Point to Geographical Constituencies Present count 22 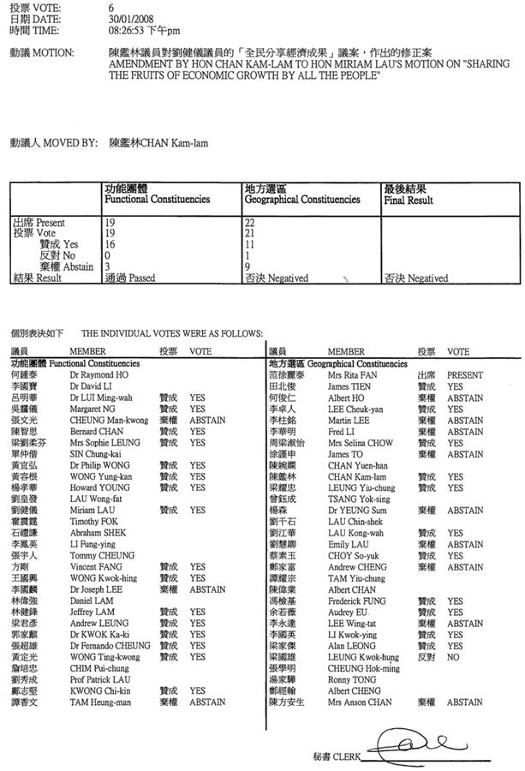(x=251, y=222)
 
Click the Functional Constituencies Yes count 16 (x=110, y=244)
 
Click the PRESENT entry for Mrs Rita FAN (x=464, y=375)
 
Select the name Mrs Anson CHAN (x=358, y=702)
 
